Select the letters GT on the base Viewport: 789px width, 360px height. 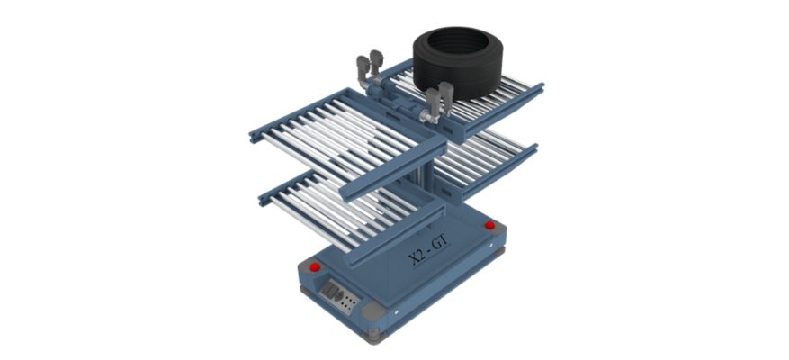click(442, 245)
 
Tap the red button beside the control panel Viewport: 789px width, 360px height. click(315, 267)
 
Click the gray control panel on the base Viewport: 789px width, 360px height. click(340, 297)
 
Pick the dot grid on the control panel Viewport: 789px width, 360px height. click(350, 301)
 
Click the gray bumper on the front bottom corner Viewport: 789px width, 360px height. click(373, 311)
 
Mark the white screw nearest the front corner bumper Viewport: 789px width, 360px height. click(396, 312)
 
